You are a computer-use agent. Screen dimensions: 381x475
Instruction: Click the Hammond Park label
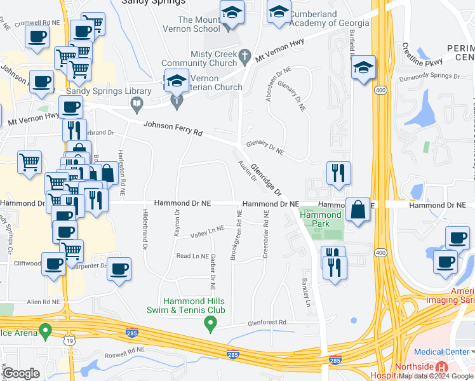tap(321, 220)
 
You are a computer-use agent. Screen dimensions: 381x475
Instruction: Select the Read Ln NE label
tap(192, 256)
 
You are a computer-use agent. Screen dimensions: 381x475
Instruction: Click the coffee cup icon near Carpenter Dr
tap(119, 269)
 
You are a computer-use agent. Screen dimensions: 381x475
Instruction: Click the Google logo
tap(22, 373)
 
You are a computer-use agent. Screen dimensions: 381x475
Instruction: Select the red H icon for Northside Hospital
tap(442, 368)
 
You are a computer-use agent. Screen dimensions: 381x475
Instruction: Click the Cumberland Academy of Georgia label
tap(330, 18)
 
